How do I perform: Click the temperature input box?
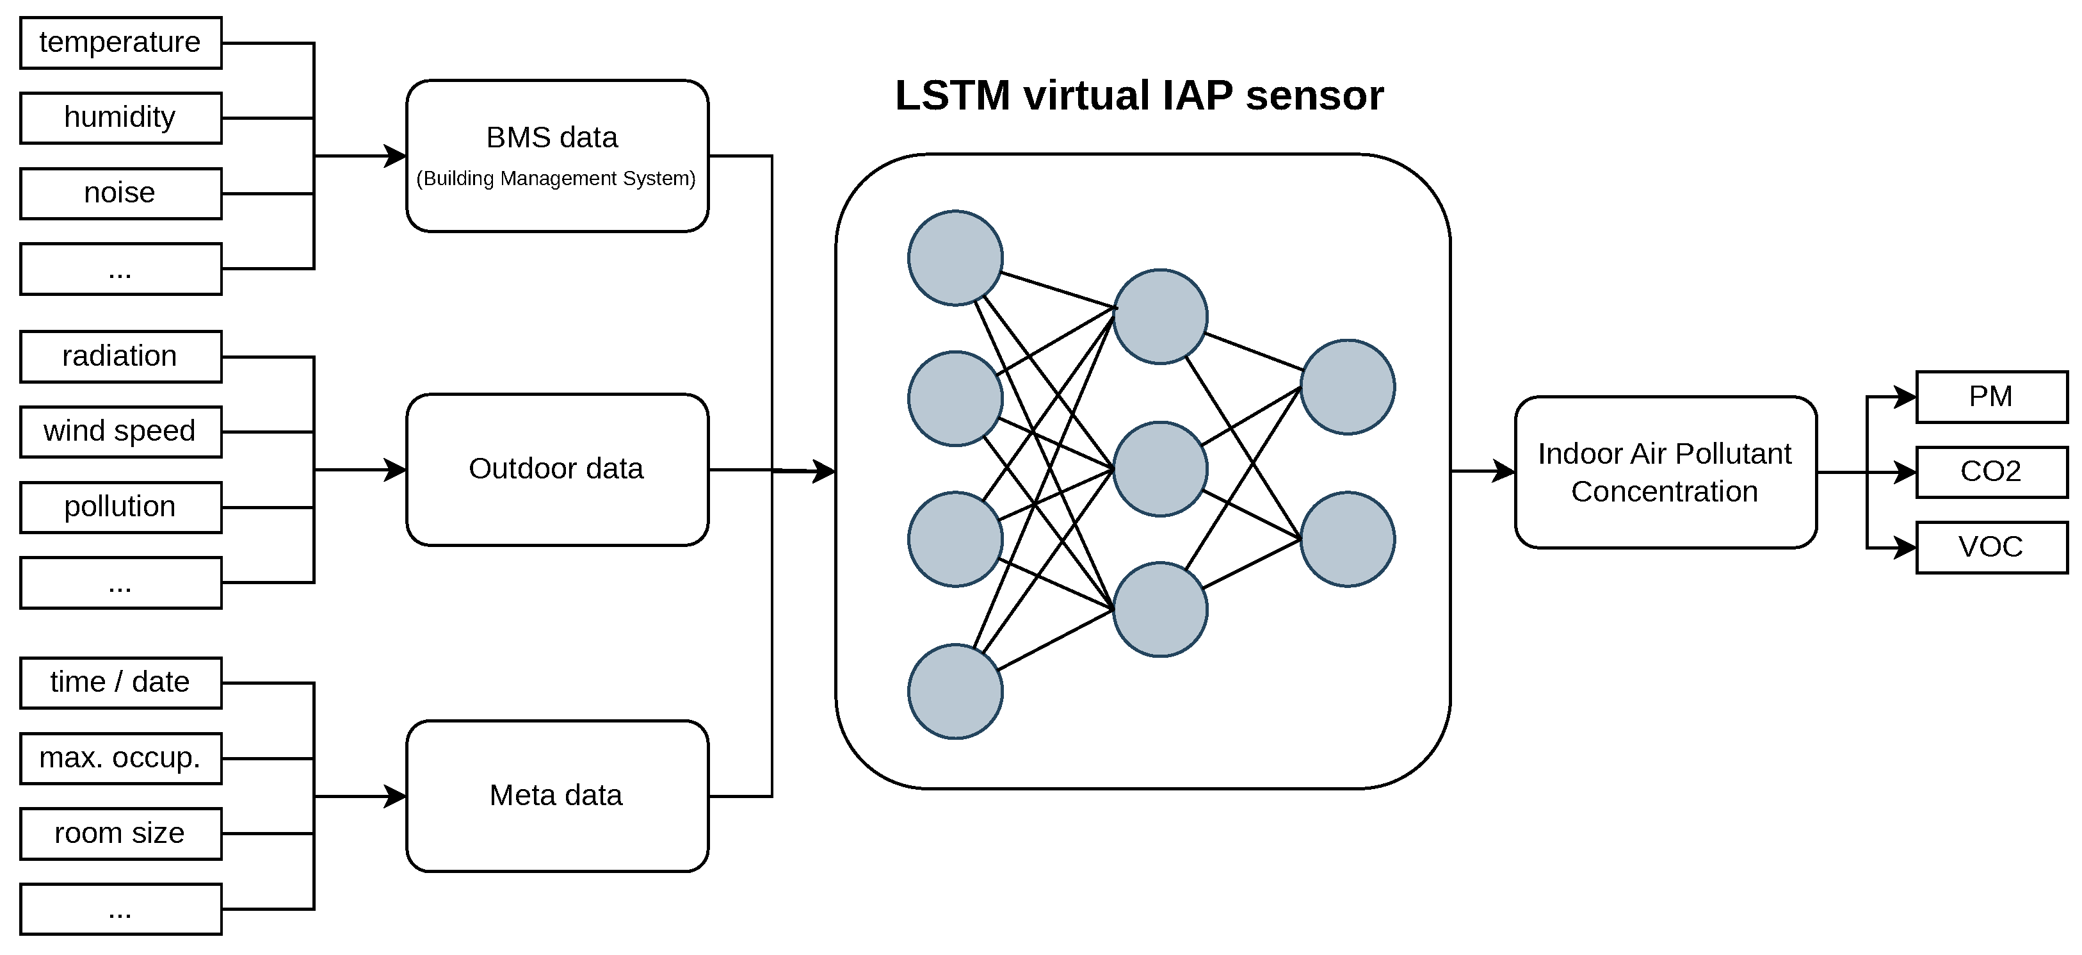tap(120, 43)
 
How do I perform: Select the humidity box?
tap(120, 118)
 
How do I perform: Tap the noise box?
tap(120, 193)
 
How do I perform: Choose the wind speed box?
tap(120, 432)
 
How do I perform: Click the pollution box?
tap(120, 507)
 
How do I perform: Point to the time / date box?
tap(120, 683)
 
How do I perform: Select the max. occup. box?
tap(120, 758)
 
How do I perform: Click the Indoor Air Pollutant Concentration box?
tap(1666, 472)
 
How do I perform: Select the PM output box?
tap(1992, 397)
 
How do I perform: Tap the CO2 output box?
tap(1992, 472)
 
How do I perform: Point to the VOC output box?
tap(1992, 548)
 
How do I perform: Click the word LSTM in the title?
tap(953, 95)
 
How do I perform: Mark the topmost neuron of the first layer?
tap(955, 258)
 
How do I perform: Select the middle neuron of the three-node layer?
tap(1161, 469)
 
